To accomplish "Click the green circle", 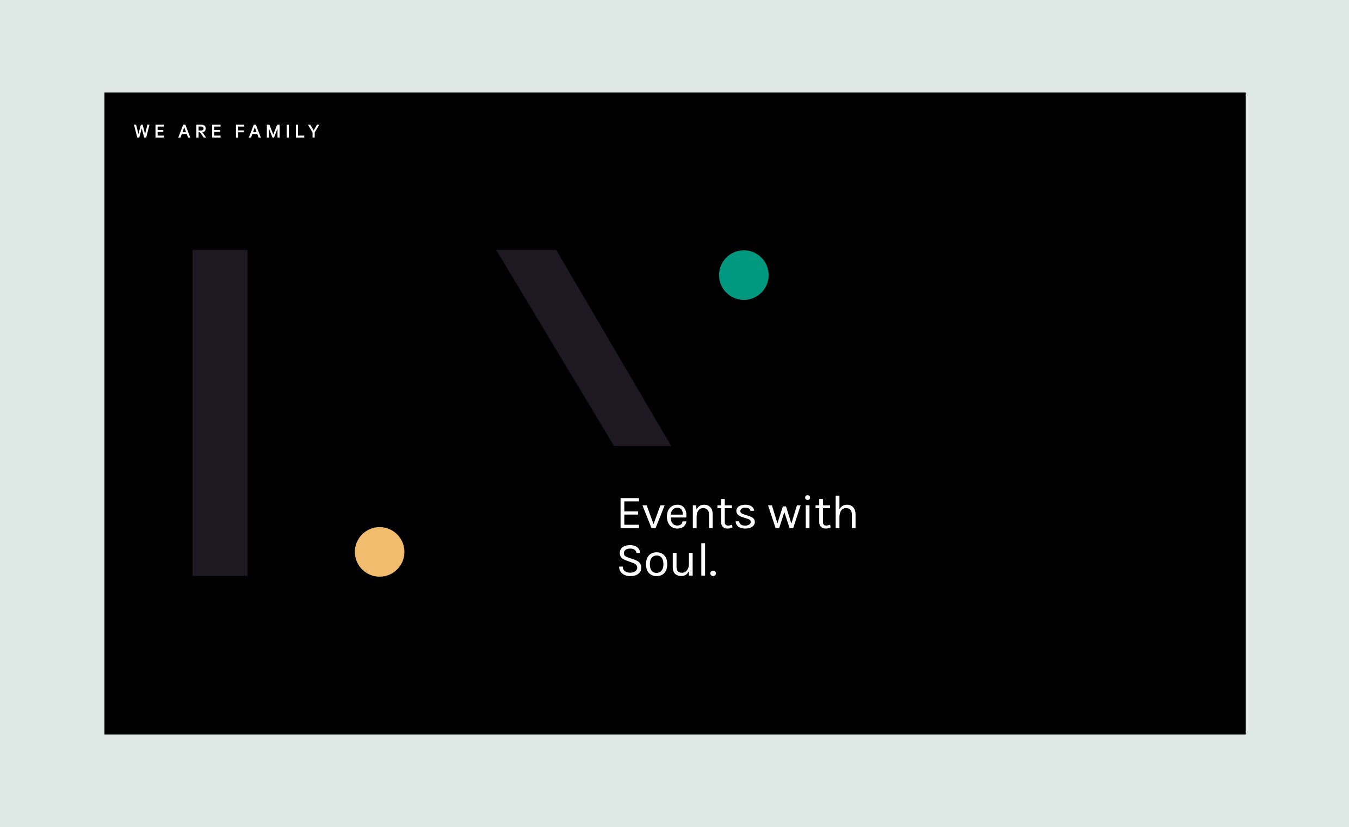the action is [x=744, y=275].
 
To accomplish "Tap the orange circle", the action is [x=380, y=552].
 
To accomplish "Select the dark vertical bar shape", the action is [x=220, y=413].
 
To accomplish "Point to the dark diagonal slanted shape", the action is [x=584, y=348].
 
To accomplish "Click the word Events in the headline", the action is [x=687, y=513].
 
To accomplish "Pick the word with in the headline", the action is [x=813, y=512].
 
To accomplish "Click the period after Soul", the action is [x=713, y=573].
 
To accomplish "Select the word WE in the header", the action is [x=150, y=132].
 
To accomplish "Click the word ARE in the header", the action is [x=200, y=132].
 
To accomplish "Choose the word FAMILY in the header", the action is [x=277, y=132].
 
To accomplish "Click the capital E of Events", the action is [x=629, y=513].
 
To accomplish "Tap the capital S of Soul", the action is [x=629, y=560].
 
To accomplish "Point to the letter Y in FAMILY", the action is [x=314, y=132].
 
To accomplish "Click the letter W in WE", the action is [x=142, y=132].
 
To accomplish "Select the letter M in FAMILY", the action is [x=273, y=132].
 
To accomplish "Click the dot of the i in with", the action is [x=808, y=497].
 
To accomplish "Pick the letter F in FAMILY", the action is [x=240, y=132].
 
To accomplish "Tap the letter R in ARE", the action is [x=201, y=132].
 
